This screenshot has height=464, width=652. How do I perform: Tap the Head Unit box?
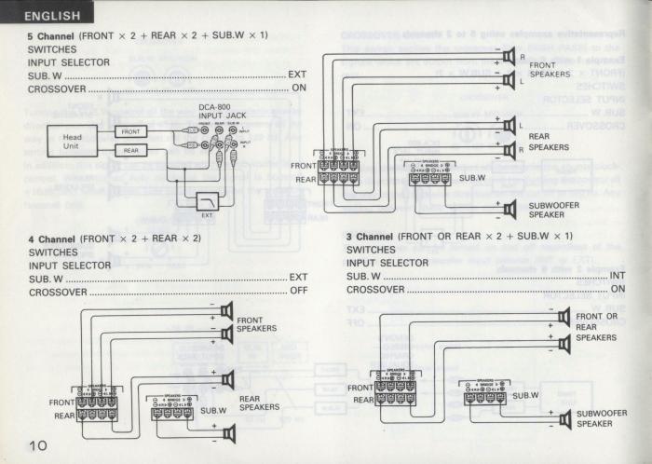[72, 141]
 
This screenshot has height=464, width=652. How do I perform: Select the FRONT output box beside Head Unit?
[131, 132]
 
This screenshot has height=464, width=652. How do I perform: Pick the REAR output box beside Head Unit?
[131, 150]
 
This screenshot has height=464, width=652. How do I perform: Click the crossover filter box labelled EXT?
[207, 200]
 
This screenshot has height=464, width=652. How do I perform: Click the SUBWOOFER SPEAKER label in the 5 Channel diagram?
[553, 210]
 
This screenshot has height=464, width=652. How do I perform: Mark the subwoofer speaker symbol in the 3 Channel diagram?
[563, 420]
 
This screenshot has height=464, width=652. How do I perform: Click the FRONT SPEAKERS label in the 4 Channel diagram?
[256, 324]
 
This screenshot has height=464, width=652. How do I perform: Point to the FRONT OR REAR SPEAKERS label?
[597, 327]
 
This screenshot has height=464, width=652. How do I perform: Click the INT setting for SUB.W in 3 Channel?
[618, 277]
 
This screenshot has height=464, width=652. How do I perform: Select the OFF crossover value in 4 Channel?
[298, 292]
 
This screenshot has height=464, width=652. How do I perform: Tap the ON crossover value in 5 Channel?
[299, 88]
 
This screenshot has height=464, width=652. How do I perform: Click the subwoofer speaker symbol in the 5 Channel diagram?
[509, 209]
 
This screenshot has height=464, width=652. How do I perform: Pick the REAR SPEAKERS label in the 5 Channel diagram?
[549, 142]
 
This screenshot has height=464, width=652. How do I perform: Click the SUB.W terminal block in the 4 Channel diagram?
[172, 410]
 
